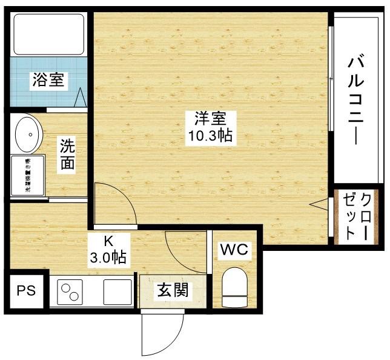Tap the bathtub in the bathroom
coord(49,34)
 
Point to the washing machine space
coord(28,176)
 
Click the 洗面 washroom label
coord(67,155)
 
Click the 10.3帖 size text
coord(209,136)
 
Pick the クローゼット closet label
coord(357,216)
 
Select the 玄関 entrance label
coord(173,291)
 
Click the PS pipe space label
coord(26,291)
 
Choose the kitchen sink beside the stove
coord(117,292)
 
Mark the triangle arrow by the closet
coord(320,205)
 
